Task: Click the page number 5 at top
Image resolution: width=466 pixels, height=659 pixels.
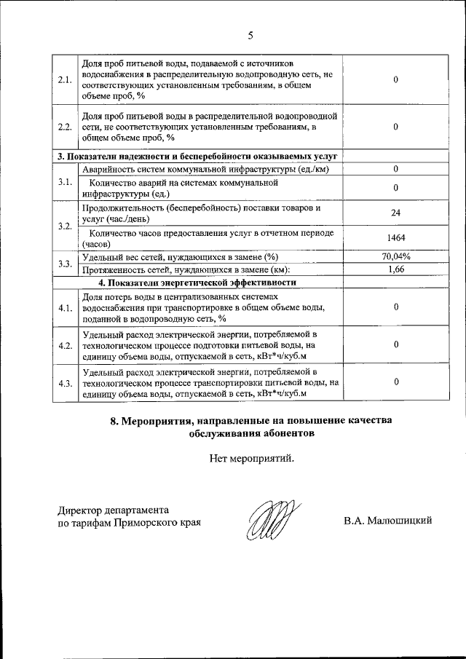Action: [x=250, y=35]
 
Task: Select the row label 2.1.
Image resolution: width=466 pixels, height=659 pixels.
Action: [x=64, y=81]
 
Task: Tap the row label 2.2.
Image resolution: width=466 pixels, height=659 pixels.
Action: [x=64, y=127]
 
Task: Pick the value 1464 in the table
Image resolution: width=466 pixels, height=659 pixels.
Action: [x=395, y=238]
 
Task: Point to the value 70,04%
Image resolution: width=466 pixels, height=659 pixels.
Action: [x=395, y=256]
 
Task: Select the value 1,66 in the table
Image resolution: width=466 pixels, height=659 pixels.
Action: [x=395, y=269]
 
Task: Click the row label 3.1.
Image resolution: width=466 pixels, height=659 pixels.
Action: [x=64, y=182]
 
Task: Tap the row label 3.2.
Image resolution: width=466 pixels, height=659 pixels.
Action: [x=64, y=226]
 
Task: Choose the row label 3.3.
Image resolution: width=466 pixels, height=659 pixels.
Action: [x=64, y=263]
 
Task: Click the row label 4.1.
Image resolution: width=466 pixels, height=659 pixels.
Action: [x=64, y=308]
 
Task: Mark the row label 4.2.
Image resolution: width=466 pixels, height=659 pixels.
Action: [x=64, y=345]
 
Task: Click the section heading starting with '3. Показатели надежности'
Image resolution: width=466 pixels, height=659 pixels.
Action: [x=197, y=157]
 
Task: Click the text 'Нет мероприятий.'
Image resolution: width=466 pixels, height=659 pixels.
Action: [x=252, y=459]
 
